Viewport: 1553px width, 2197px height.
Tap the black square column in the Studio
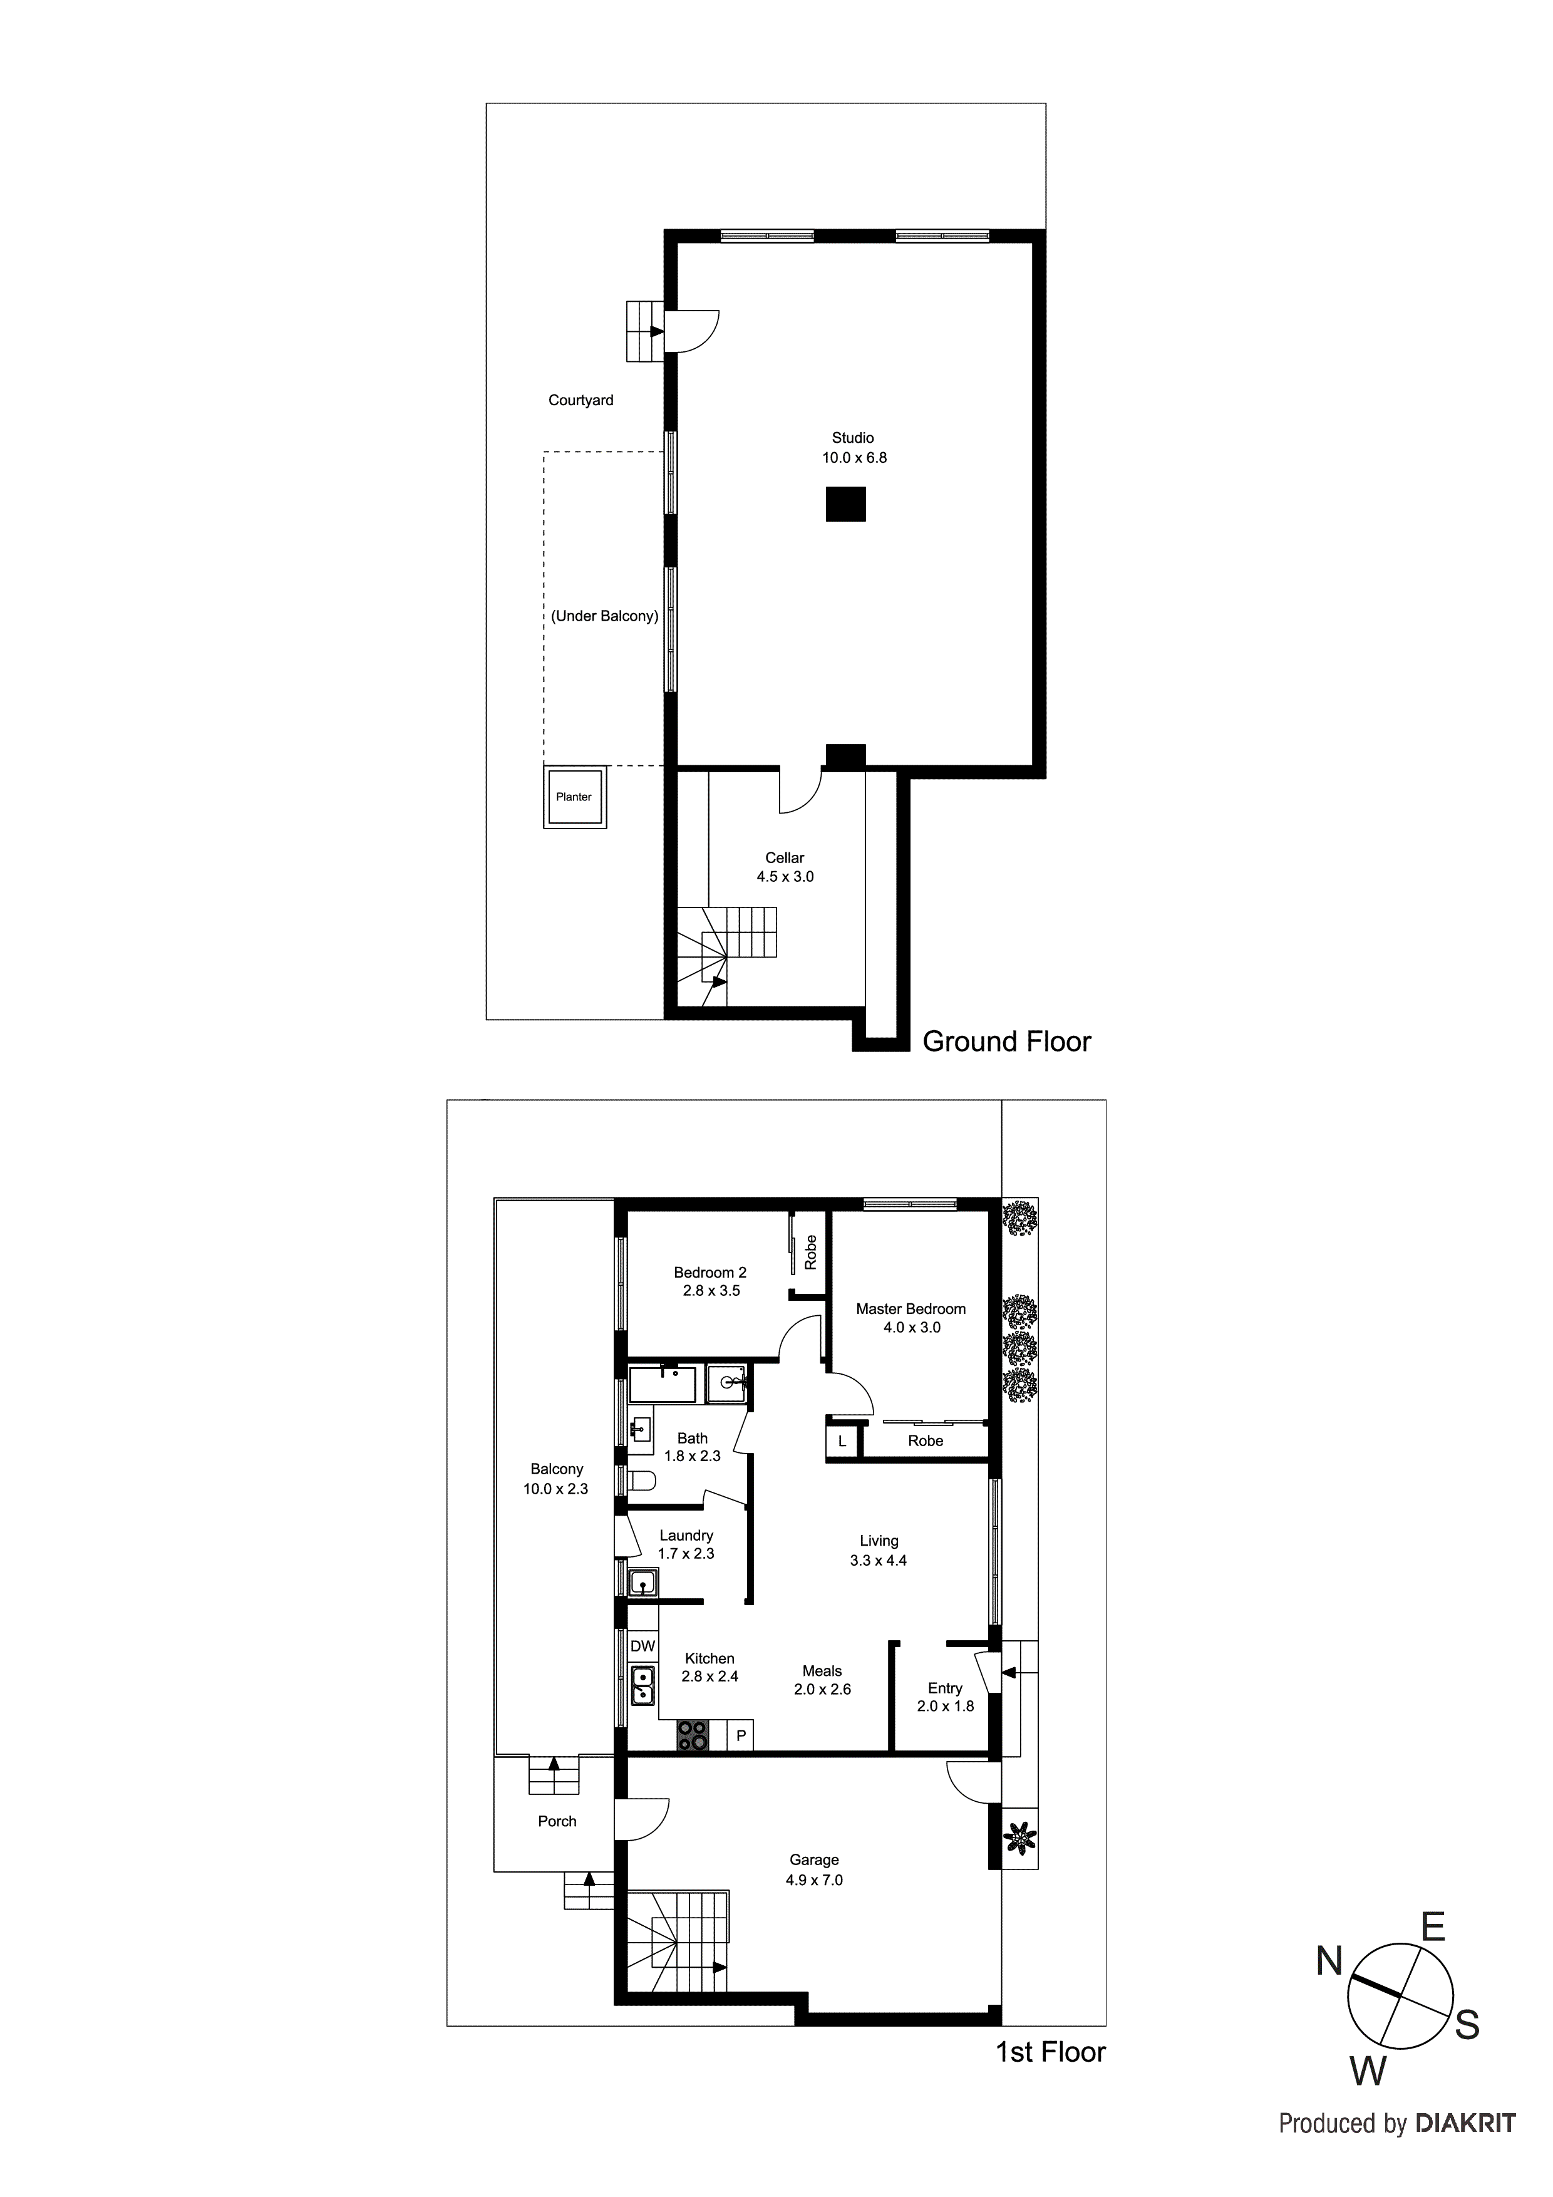(x=846, y=504)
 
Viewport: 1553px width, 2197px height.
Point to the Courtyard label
(x=581, y=400)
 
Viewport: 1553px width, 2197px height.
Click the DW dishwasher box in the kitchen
(x=643, y=1646)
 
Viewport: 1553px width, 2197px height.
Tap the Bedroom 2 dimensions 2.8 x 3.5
(x=711, y=1291)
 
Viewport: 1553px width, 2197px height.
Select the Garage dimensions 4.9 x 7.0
(x=814, y=1880)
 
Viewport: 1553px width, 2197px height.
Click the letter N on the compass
(x=1329, y=1963)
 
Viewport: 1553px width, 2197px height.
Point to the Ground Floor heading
(x=1006, y=1042)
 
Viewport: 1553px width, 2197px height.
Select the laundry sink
(x=643, y=1583)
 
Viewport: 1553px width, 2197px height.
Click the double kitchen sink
(x=642, y=1686)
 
